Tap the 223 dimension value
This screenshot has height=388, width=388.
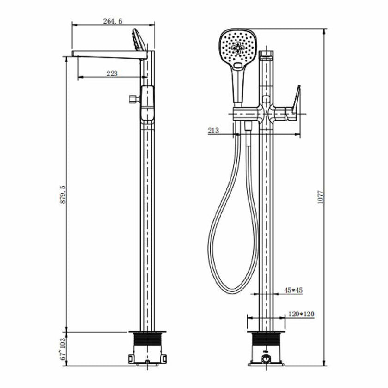pyautogui.click(x=111, y=73)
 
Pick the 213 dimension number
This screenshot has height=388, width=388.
pyautogui.click(x=213, y=131)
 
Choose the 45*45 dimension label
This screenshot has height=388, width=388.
pyautogui.click(x=293, y=290)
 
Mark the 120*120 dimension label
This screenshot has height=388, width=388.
pyautogui.click(x=301, y=314)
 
